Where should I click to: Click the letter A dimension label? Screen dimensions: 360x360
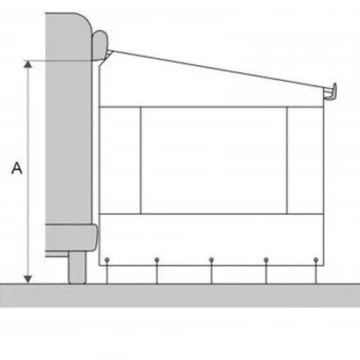point(17,168)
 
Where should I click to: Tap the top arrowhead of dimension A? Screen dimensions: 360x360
point(27,64)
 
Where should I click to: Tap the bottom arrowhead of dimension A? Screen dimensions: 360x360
point(27,279)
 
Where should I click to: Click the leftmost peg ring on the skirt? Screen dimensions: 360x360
point(107,260)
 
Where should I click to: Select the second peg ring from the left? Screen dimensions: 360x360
point(157,260)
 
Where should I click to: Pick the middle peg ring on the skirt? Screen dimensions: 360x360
point(211,260)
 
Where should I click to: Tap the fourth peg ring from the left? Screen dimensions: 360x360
point(266,260)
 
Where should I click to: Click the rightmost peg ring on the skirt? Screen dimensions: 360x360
point(316,260)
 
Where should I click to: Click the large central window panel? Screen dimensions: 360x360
point(214,160)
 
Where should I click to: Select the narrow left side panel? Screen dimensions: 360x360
point(120,160)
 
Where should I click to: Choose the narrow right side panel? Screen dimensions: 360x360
point(305,160)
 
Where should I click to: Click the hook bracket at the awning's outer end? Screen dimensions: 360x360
point(330,92)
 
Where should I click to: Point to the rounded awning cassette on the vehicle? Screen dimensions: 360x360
point(100,45)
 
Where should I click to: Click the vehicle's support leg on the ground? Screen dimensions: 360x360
point(77,268)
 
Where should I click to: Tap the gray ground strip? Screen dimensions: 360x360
point(180,296)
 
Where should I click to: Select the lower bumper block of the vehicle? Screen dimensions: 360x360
point(71,238)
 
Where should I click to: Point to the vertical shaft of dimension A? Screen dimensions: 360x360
point(27,172)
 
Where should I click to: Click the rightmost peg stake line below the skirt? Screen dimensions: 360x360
point(316,273)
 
